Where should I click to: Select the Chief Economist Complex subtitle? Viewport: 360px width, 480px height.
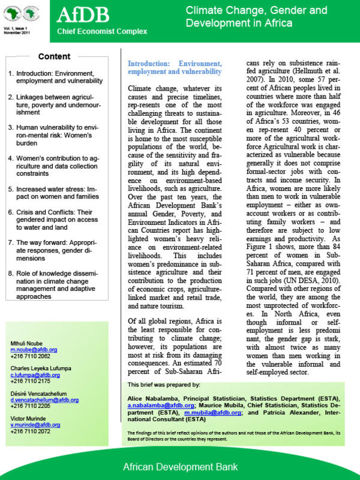click(x=93, y=31)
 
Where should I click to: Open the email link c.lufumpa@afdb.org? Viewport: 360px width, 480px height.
click(x=35, y=374)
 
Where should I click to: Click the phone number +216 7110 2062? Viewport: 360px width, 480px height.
click(x=32, y=356)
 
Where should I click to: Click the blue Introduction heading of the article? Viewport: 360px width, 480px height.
click(x=175, y=67)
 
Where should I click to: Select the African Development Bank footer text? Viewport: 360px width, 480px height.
click(x=180, y=466)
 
